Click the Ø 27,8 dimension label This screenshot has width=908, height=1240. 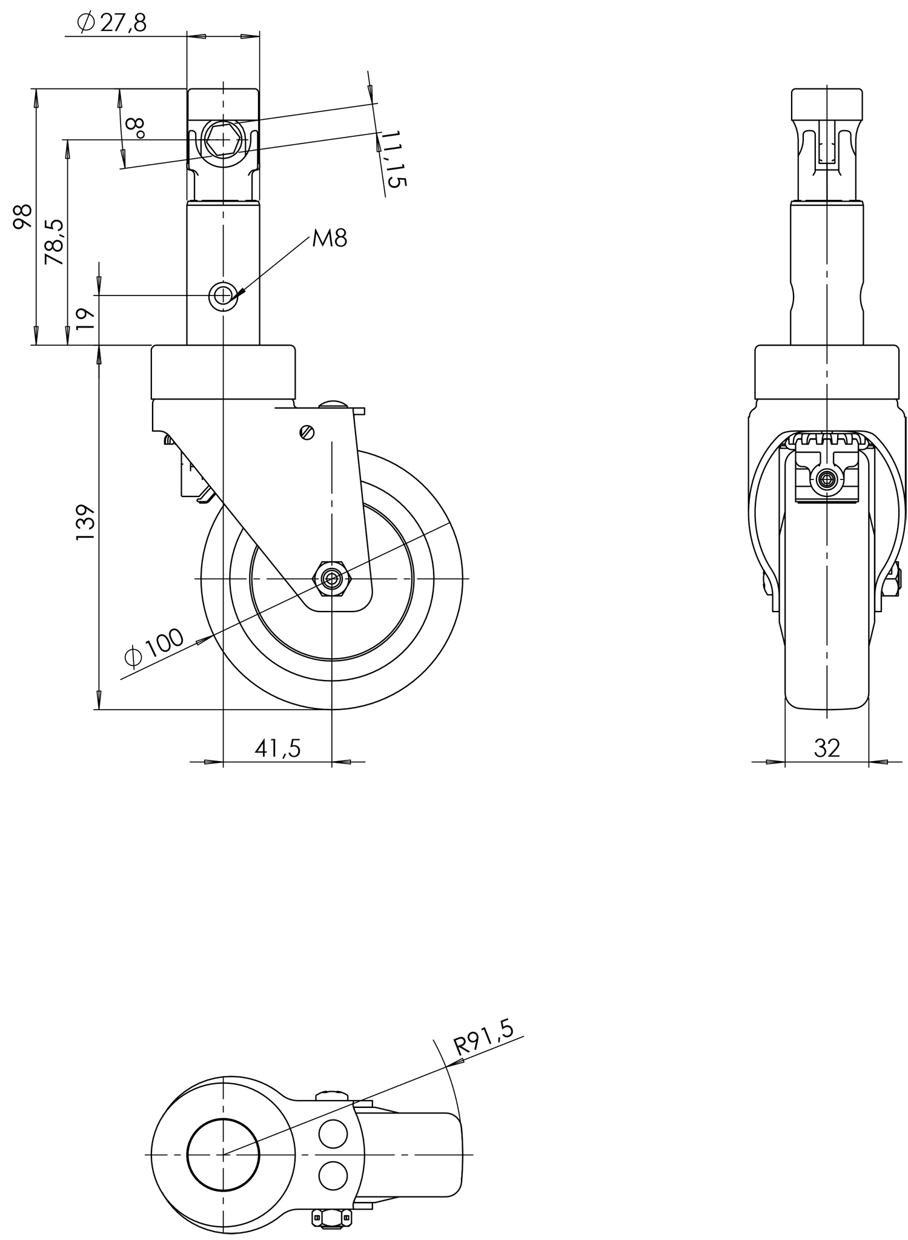click(112, 22)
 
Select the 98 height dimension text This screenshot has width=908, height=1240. click(23, 217)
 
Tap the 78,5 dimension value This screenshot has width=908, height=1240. click(54, 242)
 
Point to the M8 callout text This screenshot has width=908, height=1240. click(330, 239)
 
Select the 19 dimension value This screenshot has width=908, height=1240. click(86, 318)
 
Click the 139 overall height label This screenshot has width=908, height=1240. click(85, 522)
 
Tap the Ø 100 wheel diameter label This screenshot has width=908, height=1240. click(154, 648)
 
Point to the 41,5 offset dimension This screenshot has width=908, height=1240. click(277, 749)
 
